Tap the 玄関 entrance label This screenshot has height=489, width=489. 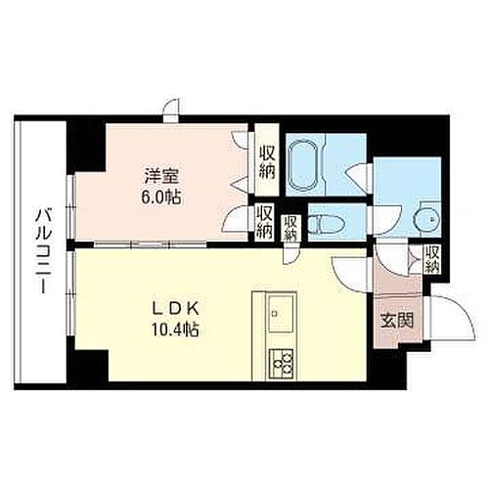tap(395, 321)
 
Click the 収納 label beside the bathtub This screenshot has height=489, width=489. tap(267, 160)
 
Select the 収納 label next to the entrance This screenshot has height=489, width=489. tap(431, 259)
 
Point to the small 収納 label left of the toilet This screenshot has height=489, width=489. tap(289, 227)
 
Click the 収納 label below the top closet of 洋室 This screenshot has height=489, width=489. tap(264, 221)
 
